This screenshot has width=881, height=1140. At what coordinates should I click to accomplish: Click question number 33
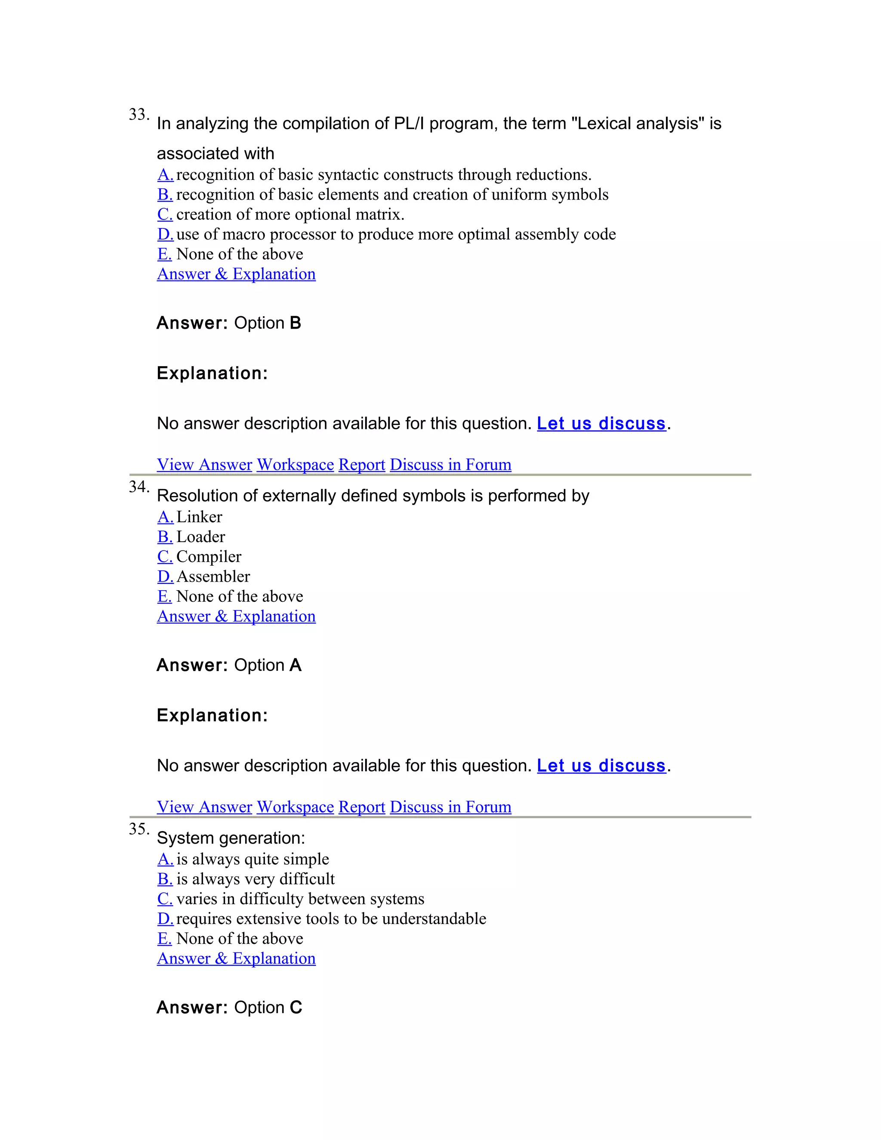[139, 115]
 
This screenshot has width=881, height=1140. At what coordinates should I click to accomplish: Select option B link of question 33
[165, 195]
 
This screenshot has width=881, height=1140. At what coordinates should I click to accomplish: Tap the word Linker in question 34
[199, 517]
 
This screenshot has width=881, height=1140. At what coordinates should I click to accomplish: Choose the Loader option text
[201, 536]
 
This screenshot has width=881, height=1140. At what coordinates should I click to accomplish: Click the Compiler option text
[209, 556]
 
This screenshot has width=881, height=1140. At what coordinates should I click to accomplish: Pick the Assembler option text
[213, 576]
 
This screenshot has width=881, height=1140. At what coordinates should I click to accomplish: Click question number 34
[139, 487]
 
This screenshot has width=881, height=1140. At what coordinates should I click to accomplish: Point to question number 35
[139, 829]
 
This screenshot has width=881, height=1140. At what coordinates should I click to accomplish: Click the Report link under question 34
[362, 807]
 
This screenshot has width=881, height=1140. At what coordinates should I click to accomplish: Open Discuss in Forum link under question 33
[450, 465]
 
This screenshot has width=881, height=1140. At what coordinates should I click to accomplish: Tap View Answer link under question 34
[205, 807]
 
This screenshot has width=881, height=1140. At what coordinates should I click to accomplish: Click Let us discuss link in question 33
[601, 423]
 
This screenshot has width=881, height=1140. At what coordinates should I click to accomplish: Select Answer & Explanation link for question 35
[237, 958]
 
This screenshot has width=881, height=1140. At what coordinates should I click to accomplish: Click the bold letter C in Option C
[296, 1008]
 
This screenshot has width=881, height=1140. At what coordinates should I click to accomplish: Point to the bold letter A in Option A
[296, 665]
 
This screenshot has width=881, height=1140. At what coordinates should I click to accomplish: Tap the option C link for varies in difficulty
[165, 899]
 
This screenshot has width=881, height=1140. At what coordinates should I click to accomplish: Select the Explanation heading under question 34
[212, 715]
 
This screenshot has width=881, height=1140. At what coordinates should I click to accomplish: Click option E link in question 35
[164, 939]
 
